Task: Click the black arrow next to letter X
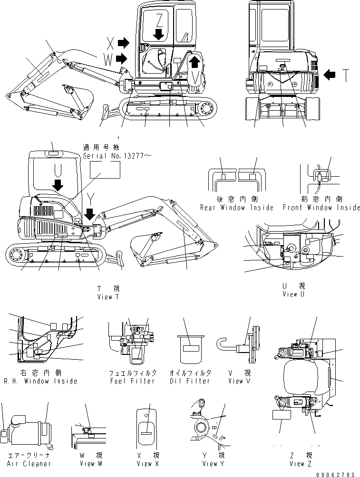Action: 123,43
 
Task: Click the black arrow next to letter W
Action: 122,58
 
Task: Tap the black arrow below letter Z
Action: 160,33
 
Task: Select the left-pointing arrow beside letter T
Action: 329,74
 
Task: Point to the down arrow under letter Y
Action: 89,215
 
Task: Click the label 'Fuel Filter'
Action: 132,381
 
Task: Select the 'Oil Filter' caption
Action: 190,381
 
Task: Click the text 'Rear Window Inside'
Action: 236,208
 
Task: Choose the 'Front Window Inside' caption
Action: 321,208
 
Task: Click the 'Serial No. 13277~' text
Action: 116,155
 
